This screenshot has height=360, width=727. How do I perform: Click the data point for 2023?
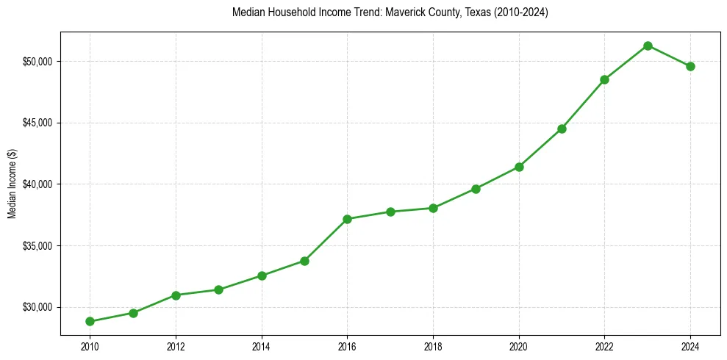(x=648, y=46)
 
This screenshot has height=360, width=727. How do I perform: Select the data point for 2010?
(x=90, y=321)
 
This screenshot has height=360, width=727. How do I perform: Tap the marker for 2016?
(x=347, y=219)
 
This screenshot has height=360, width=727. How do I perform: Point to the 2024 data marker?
(x=690, y=66)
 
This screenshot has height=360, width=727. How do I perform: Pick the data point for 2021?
(x=562, y=129)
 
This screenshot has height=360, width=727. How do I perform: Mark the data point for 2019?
(x=476, y=189)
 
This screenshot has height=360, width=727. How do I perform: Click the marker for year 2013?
(x=218, y=289)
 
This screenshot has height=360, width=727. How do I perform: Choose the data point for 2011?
(x=133, y=313)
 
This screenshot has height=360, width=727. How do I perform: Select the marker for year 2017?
(x=390, y=212)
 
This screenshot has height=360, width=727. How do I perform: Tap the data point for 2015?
(x=304, y=261)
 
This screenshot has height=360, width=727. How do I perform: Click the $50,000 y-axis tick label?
(x=38, y=61)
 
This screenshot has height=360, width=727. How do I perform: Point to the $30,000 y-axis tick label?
(x=38, y=307)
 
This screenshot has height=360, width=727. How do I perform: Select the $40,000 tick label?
(x=38, y=184)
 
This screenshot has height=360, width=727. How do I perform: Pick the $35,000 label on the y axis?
(x=38, y=245)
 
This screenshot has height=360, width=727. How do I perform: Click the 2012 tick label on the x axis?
(x=176, y=346)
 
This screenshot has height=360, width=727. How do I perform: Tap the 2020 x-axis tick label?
(x=519, y=346)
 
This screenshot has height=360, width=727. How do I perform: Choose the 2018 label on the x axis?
(x=433, y=346)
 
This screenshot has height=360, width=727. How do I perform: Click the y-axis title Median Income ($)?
(x=12, y=184)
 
